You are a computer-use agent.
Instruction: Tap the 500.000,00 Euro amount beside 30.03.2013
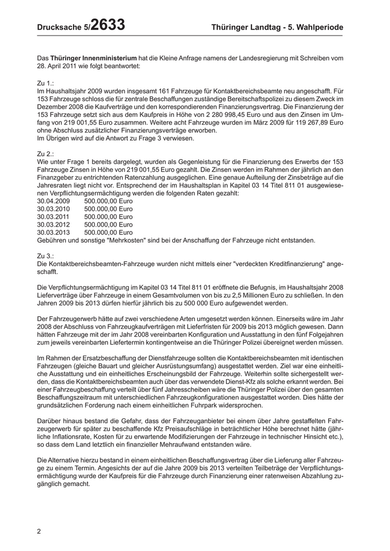coord(108,232)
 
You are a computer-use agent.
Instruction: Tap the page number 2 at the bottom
coord(39,531)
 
